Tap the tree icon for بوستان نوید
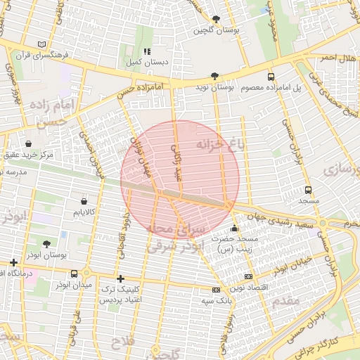(214, 76)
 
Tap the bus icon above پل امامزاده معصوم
(271, 77)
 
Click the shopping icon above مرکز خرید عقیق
(28, 143)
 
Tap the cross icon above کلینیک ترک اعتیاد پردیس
(121, 278)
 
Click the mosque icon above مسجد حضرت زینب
(234, 229)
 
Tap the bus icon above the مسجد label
(308, 190)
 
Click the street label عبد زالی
(176, 162)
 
